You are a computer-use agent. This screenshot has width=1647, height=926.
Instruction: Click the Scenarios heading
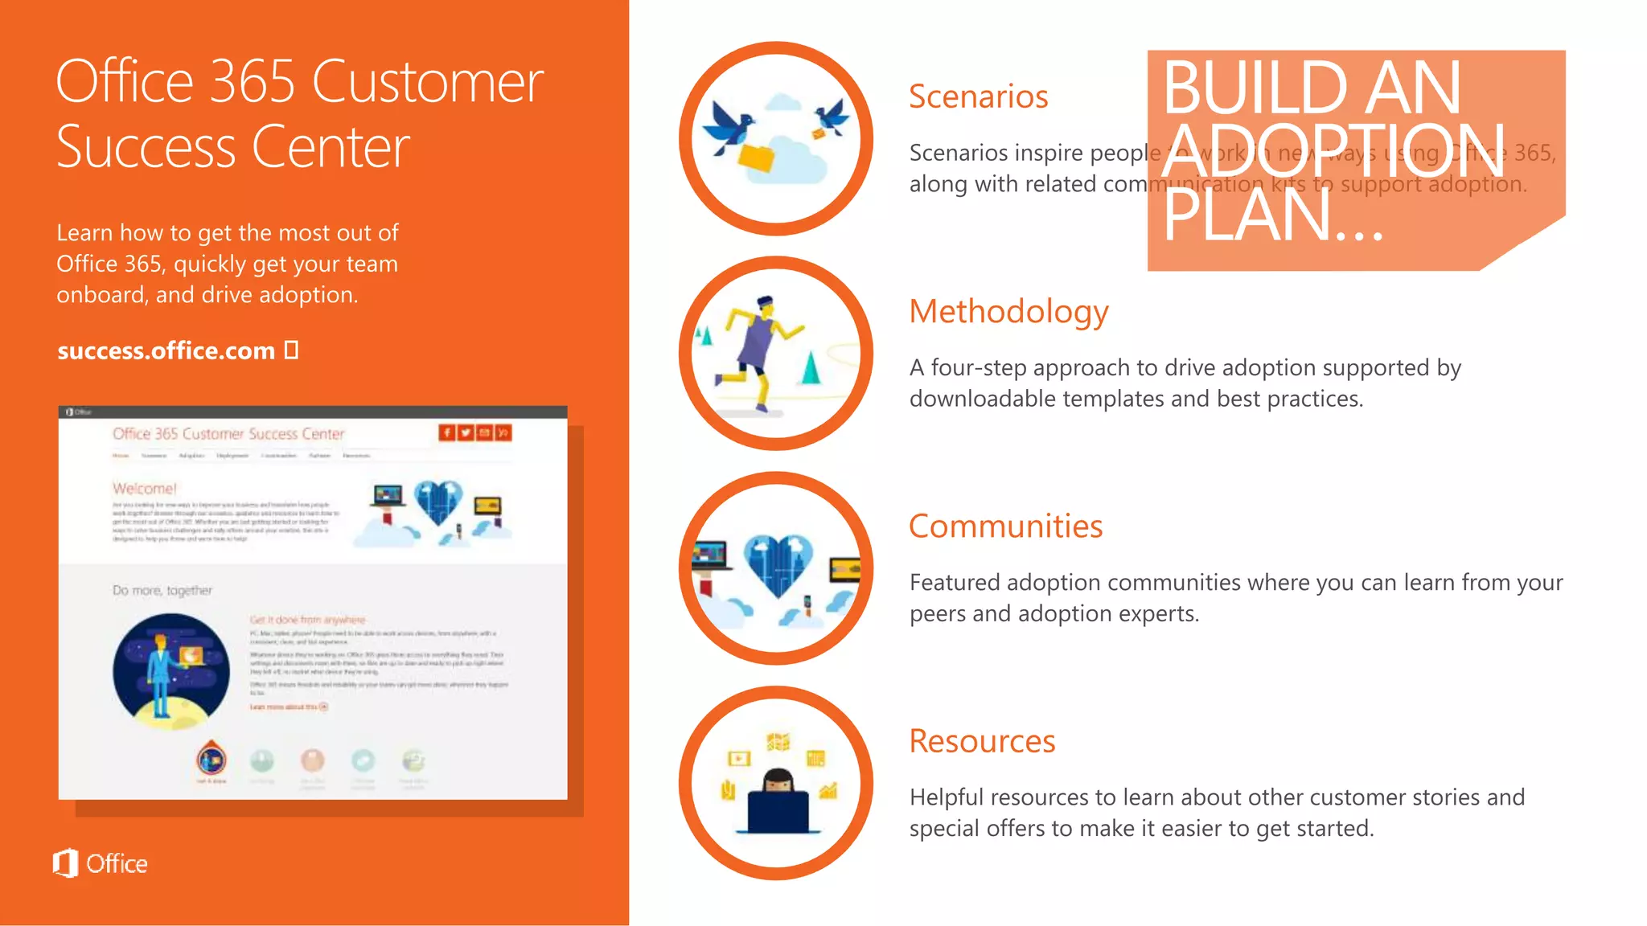978,97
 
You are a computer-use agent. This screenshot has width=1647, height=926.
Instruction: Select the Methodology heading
1008,312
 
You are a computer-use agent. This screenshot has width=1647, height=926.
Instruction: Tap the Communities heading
1005,527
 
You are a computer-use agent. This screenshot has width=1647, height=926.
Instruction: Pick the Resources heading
982,741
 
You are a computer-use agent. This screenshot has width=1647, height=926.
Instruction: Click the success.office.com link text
166,351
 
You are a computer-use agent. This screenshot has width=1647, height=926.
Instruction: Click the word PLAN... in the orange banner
1272,215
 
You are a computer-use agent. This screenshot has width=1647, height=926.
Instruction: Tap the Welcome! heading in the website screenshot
144,489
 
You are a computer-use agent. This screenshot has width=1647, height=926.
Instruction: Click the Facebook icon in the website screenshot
446,432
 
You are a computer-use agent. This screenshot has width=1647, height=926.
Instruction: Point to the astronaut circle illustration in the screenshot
170,671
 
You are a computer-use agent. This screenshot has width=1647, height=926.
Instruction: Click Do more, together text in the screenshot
162,591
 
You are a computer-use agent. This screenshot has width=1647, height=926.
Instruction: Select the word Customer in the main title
427,82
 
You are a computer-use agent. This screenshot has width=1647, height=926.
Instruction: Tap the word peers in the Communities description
938,614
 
